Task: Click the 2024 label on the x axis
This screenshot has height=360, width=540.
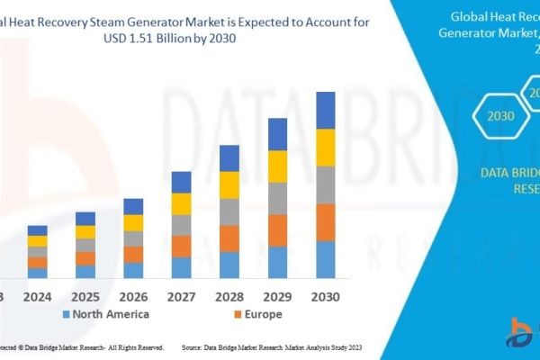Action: [37, 295]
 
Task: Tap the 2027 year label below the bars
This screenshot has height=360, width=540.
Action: [182, 295]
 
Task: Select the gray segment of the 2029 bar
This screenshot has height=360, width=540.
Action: [278, 198]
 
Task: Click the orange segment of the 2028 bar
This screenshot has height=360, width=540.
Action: [229, 238]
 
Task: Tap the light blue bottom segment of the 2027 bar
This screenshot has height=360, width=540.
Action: [182, 267]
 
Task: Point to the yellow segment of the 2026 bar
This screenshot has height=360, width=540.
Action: [133, 222]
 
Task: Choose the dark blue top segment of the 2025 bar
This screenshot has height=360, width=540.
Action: [85, 218]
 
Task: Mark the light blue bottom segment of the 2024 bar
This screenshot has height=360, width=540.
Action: [37, 273]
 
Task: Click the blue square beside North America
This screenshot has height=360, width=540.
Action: [65, 315]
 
